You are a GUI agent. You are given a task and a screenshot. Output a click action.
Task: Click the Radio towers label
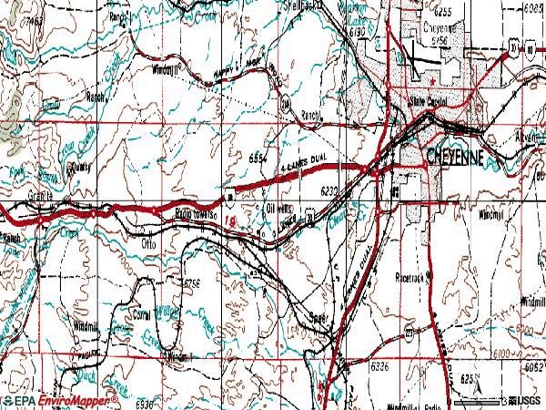click(194, 212)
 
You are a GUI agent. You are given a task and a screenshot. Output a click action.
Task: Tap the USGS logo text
click(527, 400)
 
